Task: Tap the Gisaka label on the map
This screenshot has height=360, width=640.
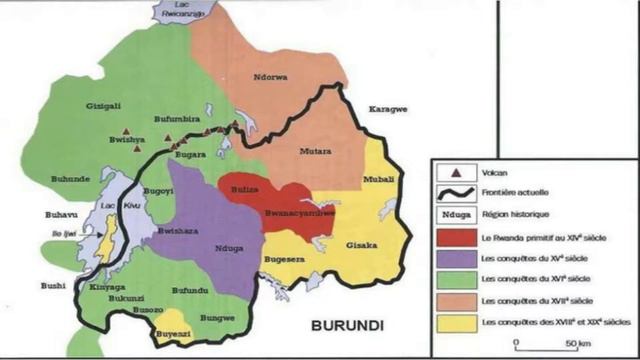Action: [x=362, y=245]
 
